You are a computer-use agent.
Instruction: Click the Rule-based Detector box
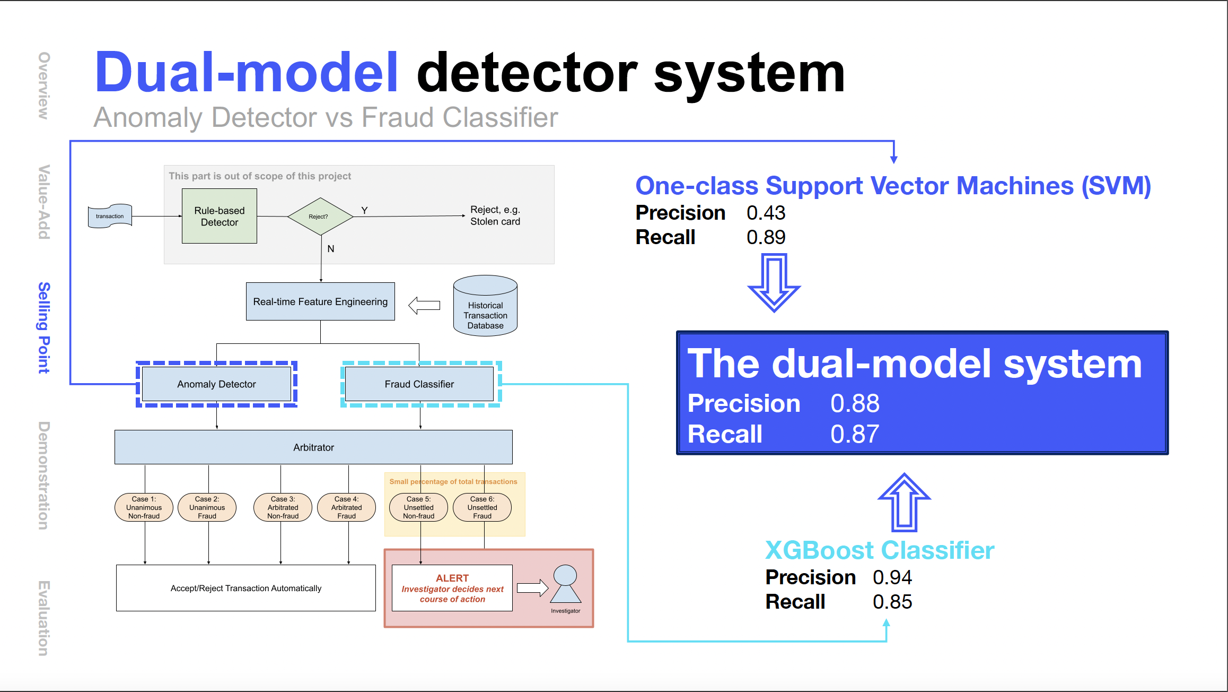pos(219,216)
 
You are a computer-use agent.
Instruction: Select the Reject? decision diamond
pos(320,217)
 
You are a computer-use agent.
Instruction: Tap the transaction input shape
pos(110,216)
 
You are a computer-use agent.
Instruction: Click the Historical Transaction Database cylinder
pos(485,306)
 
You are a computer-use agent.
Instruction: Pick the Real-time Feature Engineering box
pos(320,301)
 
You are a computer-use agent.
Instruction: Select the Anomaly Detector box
pos(216,384)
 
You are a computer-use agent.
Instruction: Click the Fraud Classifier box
pos(419,384)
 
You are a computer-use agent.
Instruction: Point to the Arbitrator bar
pos(313,447)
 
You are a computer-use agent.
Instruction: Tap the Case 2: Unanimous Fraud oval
pos(207,507)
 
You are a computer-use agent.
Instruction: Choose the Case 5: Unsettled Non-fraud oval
pos(418,507)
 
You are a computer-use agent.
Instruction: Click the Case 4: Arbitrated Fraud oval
pos(346,507)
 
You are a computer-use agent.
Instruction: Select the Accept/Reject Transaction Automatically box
pos(245,588)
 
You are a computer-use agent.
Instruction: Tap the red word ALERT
pos(452,578)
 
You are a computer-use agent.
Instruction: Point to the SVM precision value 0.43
pos(766,213)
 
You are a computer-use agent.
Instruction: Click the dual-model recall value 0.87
pos(855,434)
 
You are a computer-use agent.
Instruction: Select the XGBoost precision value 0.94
pos(892,577)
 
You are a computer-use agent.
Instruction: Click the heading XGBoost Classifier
pos(880,550)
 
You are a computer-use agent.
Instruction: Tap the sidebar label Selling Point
pos(44,327)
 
